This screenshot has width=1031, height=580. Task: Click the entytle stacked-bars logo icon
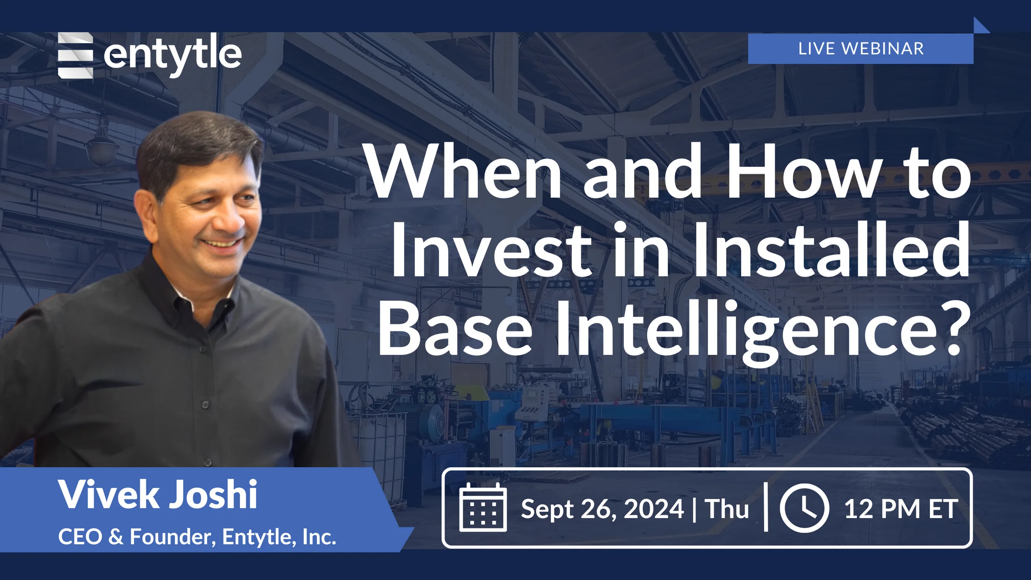75,55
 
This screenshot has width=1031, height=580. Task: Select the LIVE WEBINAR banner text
860,49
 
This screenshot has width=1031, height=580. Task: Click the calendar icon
483,507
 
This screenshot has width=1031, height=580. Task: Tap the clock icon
804,507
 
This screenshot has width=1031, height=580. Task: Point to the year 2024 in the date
653,509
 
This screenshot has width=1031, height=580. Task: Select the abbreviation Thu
726,509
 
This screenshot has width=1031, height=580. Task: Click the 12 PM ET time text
901,509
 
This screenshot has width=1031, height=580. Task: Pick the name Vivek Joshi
158,495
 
